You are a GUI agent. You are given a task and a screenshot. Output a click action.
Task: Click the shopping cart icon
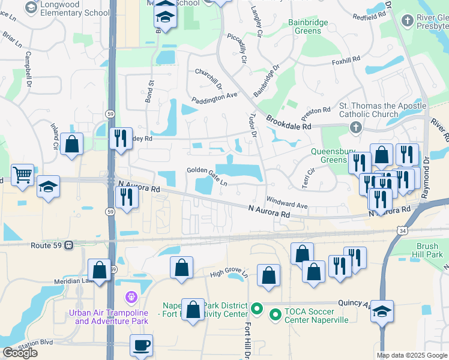(x=23, y=175)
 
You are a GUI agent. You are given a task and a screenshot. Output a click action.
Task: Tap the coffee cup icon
(x=141, y=346)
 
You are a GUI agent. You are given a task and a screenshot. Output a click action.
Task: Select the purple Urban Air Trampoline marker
(x=131, y=296)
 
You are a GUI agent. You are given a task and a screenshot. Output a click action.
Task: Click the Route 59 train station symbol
(x=69, y=245)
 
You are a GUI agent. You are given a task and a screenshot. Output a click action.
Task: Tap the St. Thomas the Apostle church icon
(x=355, y=127)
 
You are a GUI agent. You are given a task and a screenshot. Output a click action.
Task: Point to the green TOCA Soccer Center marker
(x=276, y=314)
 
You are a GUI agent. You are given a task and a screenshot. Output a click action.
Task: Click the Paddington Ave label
(x=214, y=97)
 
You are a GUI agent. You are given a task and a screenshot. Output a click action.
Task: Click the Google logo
(x=19, y=353)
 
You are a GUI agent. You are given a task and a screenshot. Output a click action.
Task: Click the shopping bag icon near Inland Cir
(x=72, y=145)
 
